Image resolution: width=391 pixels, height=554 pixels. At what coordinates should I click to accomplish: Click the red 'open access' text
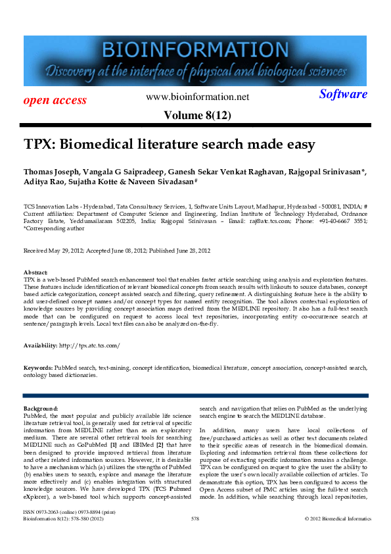(55, 100)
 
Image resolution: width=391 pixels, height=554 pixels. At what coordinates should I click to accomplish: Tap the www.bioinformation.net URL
(198, 97)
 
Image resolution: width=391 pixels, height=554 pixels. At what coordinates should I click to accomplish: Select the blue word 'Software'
(343, 94)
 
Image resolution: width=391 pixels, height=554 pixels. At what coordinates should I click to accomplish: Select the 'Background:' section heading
(41, 409)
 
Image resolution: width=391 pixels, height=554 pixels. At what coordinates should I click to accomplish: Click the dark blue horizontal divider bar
(195, 395)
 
